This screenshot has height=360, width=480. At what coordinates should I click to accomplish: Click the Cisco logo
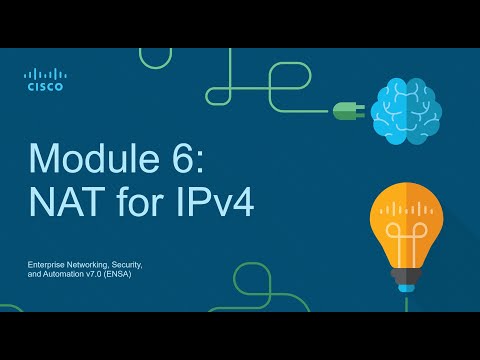pos(45,79)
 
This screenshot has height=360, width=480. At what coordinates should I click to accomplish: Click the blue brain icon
pos(404,110)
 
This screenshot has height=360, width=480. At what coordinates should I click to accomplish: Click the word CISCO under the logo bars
pos(45,87)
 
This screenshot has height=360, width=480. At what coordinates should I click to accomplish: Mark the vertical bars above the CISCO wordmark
pos(45,73)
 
